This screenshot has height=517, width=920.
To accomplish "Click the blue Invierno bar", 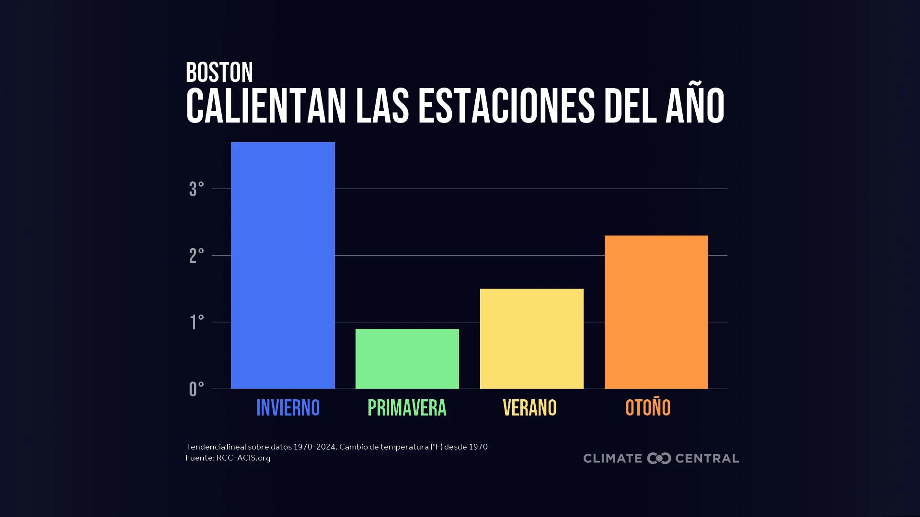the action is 283,265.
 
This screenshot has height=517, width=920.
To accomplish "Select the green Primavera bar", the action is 407,359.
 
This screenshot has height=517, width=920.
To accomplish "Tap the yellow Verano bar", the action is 532,338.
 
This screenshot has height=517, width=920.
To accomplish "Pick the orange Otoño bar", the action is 656,312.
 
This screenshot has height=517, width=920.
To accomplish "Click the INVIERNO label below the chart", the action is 288,408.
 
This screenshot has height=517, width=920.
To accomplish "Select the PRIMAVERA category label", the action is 407,408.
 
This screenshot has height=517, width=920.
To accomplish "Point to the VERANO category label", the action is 529,408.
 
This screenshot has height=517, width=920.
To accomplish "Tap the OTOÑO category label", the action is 648,407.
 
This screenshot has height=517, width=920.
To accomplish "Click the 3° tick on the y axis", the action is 196,189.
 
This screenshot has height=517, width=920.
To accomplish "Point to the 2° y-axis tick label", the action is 196,256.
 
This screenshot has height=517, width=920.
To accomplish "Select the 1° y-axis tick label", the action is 196,322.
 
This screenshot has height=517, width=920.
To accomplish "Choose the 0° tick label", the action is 196,389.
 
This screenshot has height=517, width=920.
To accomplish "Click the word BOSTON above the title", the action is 219,72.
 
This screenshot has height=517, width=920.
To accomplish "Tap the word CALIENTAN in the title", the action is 266,105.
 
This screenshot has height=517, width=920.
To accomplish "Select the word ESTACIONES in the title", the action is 506,105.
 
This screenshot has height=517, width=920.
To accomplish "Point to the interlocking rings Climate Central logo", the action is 659,458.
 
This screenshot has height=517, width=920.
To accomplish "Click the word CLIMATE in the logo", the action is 613,458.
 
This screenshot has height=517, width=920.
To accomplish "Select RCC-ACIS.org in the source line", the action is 243,458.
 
